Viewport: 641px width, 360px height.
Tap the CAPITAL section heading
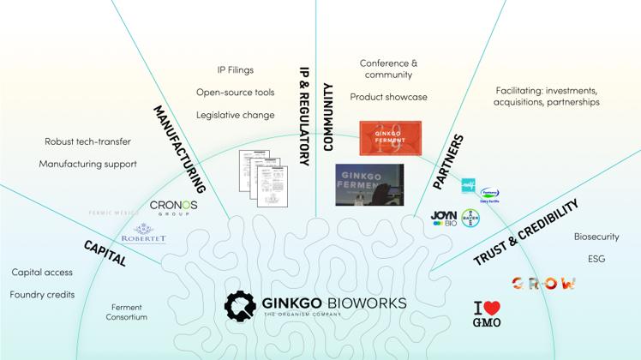tap(105, 253)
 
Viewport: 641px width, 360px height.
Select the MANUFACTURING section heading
tap(180, 146)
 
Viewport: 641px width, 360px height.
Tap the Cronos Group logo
tap(173, 207)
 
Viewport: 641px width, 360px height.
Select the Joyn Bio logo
tap(443, 219)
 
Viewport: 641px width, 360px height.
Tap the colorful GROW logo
tap(543, 283)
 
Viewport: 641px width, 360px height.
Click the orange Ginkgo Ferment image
tap(390, 138)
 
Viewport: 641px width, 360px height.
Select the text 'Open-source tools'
tap(235, 93)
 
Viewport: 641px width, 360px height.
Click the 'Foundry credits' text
tap(42, 294)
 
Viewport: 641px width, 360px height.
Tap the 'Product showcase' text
tap(388, 97)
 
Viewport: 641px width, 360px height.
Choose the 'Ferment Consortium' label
tap(129, 312)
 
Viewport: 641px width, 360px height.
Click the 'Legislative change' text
tap(235, 115)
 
